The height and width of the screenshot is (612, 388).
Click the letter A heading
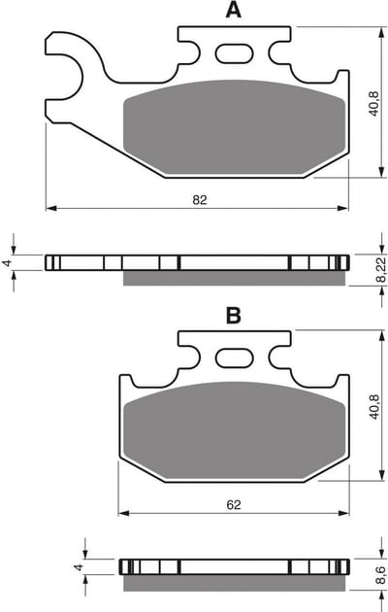pos(234,11)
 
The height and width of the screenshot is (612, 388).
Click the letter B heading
pos(234,316)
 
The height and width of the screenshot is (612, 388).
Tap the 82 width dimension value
pos(200,200)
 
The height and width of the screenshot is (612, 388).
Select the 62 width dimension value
pos(234,505)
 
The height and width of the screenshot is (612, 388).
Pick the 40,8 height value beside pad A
pos(373,103)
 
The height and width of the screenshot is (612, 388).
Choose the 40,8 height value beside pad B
pos(373,407)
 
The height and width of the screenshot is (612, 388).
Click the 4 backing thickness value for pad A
pos(6,263)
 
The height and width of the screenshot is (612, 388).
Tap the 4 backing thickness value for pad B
pos(80,566)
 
